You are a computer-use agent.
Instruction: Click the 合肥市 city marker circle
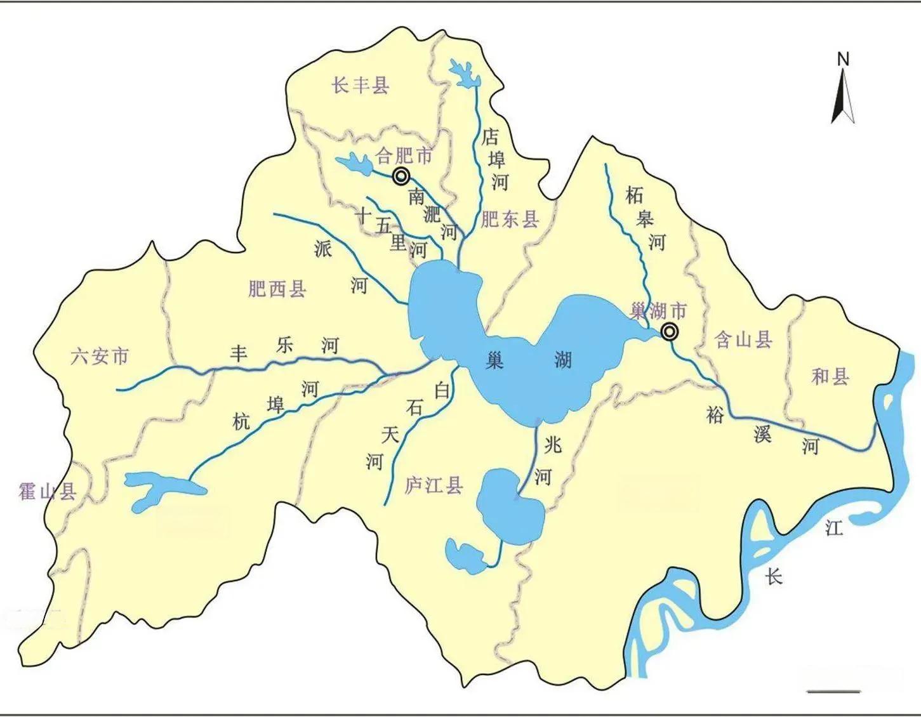click(x=401, y=176)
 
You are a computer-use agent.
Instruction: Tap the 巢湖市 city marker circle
click(x=668, y=332)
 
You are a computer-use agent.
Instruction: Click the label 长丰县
click(x=360, y=85)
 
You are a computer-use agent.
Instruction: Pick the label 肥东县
click(x=510, y=220)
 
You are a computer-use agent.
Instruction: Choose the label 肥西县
click(x=277, y=289)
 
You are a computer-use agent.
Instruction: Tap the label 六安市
click(x=99, y=357)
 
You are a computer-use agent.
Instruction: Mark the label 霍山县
click(x=48, y=490)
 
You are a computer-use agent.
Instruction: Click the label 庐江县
click(x=434, y=486)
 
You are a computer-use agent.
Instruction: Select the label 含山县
click(x=743, y=340)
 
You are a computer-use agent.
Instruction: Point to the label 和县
click(x=830, y=377)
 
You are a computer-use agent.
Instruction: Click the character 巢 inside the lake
click(x=494, y=360)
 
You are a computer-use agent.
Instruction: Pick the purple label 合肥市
click(x=404, y=155)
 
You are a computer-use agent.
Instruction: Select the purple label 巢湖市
click(x=658, y=311)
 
